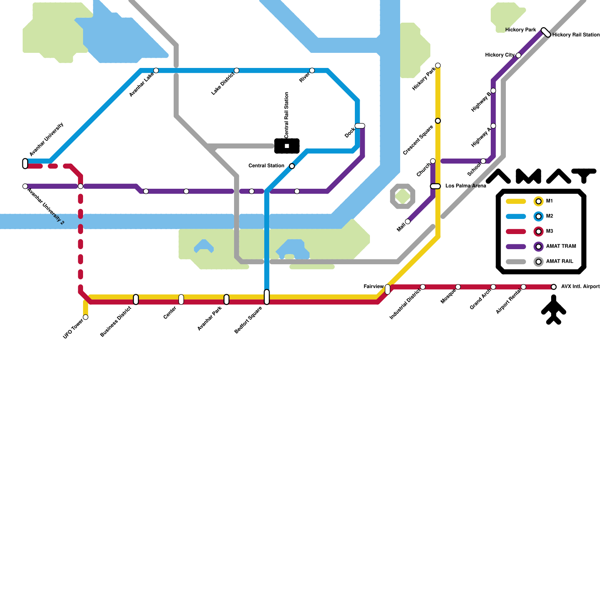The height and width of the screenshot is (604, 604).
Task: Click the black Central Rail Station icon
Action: pyautogui.click(x=287, y=146)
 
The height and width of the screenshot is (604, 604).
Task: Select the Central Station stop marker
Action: pyautogui.click(x=292, y=166)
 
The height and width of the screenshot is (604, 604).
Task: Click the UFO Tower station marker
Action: pyautogui.click(x=86, y=317)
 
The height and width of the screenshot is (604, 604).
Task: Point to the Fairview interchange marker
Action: pyautogui.click(x=387, y=289)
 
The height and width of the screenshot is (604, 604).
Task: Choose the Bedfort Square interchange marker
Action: pyautogui.click(x=267, y=297)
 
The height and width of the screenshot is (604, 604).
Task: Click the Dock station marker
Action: pyautogui.click(x=360, y=126)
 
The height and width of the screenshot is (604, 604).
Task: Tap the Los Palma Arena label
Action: pyautogui.click(x=465, y=186)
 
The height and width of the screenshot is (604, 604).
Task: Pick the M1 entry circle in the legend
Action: pyautogui.click(x=538, y=201)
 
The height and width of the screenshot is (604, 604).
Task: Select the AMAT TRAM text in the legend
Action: pyautogui.click(x=561, y=246)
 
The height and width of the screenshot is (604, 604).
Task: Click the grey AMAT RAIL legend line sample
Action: pyautogui.click(x=516, y=262)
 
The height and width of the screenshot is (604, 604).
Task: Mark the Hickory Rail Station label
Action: pyautogui.click(x=576, y=35)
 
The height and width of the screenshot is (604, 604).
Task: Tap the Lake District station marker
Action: pyautogui.click(x=236, y=71)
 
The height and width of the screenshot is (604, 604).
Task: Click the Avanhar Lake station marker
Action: pyautogui.click(x=156, y=71)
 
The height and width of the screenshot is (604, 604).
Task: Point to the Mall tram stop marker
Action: pyautogui.click(x=408, y=222)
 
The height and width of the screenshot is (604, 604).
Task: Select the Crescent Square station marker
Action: pyautogui.click(x=438, y=121)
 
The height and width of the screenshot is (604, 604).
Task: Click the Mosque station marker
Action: pyautogui.click(x=458, y=287)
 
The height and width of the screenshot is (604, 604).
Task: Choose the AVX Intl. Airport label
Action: pyautogui.click(x=580, y=287)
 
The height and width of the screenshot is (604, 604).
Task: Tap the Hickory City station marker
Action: pyautogui.click(x=518, y=55)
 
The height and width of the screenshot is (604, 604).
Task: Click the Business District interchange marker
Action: pyautogui.click(x=136, y=299)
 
